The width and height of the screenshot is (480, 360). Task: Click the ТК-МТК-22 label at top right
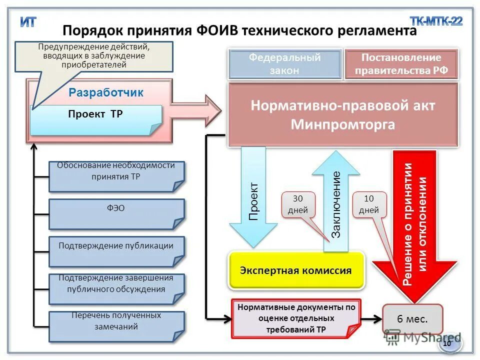point(436,21)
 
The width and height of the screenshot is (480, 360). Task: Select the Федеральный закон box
point(285,64)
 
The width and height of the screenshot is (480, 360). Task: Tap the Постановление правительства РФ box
point(401,64)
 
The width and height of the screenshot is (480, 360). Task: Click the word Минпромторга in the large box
point(343,124)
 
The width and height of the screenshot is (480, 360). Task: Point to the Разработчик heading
point(106,92)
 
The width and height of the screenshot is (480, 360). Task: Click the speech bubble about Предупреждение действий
point(94,55)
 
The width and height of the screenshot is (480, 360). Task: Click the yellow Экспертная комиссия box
point(296,270)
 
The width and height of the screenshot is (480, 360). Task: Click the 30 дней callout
point(298,204)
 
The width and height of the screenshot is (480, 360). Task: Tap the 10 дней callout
point(369,204)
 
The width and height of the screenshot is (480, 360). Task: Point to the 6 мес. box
point(412,319)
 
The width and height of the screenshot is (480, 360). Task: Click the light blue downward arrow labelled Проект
point(254,200)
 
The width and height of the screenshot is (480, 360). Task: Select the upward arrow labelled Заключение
point(336,205)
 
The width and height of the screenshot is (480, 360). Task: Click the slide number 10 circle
point(447,343)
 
